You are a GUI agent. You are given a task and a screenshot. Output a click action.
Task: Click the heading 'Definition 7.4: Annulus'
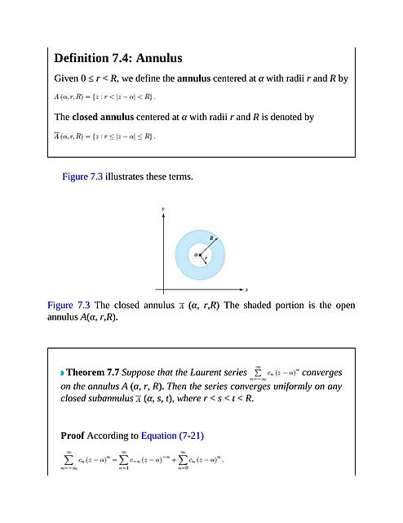pyautogui.click(x=117, y=59)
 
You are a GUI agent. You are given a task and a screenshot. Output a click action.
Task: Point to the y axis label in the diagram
pyautogui.click(x=163, y=210)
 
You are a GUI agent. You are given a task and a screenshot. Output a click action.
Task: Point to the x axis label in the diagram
pyautogui.click(x=246, y=289)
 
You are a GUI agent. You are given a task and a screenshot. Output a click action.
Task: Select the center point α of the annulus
pyautogui.click(x=196, y=254)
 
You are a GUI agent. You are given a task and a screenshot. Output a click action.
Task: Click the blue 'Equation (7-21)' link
pyautogui.click(x=172, y=435)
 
